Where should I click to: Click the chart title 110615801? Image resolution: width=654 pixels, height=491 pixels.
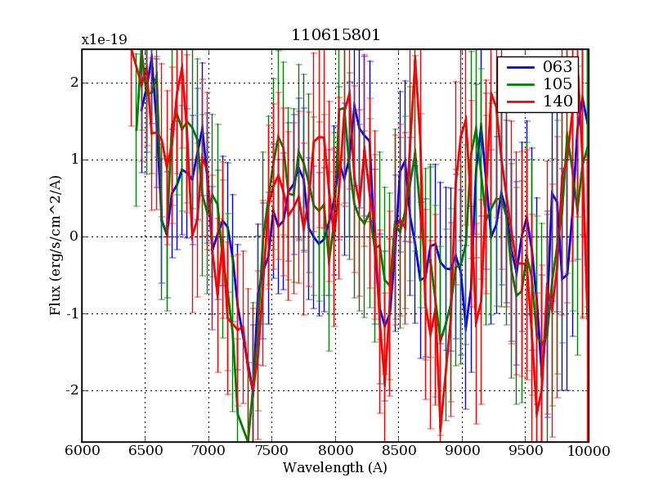pos(335,37)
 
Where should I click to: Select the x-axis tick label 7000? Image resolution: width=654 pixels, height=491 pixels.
pos(208,451)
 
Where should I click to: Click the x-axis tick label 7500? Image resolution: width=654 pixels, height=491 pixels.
pos(271,451)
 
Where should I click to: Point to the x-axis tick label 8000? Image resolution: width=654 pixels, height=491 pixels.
pos(335,451)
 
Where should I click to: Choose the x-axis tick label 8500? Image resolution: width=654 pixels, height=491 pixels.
pos(398,451)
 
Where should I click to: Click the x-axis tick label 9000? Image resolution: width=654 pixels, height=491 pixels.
pos(462,451)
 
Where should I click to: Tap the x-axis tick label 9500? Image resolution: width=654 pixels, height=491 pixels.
pos(525,451)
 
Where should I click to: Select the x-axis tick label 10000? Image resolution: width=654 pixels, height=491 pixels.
pos(589,451)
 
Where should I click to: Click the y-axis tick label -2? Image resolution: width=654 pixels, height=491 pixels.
pos(70,390)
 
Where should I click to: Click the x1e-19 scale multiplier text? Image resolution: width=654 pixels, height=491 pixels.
pos(104,39)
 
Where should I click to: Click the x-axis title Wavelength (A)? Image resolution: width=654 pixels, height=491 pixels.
pos(335,468)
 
